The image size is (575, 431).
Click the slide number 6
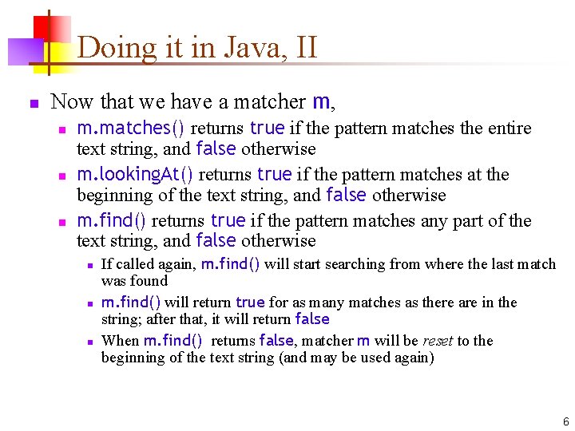coord(565,421)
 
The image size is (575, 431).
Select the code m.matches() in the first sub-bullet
coord(131,128)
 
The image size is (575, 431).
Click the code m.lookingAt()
coord(135,174)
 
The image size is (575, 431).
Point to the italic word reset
coord(438,341)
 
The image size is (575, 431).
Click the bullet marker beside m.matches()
coord(61,129)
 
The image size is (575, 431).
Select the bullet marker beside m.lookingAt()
coord(61,176)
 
